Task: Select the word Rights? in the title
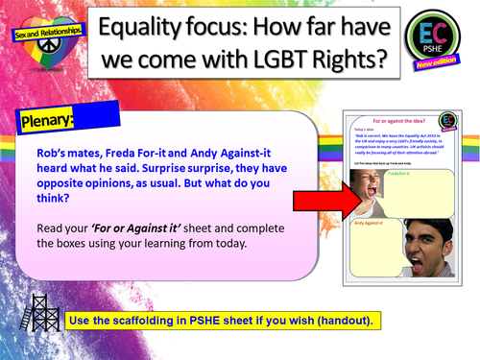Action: pyautogui.click(x=348, y=60)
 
